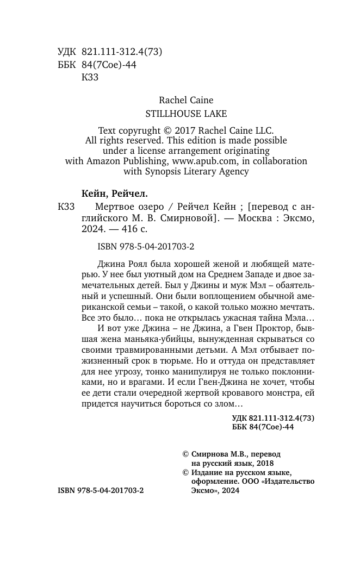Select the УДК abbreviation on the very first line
coord(66,52)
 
